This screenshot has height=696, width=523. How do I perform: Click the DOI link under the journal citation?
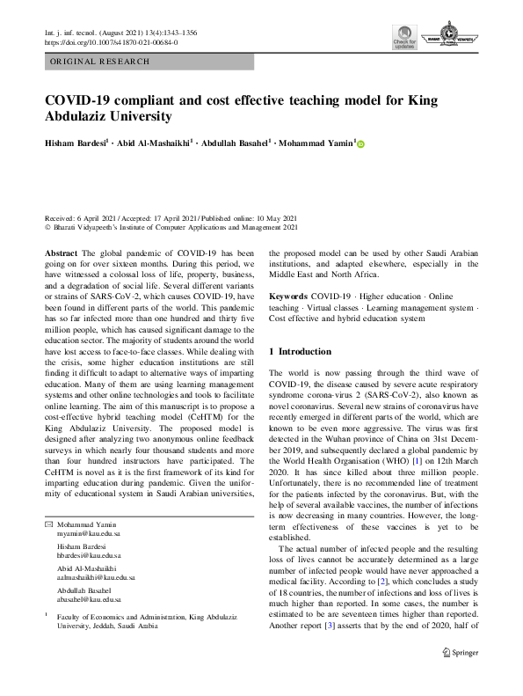111,41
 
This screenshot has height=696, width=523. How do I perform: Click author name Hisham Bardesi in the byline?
82,144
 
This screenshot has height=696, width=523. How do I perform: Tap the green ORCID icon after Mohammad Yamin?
360,144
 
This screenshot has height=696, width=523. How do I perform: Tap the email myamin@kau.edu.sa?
90,509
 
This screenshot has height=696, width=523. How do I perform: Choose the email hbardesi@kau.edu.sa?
90,532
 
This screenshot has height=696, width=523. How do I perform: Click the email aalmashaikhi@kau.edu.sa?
96,553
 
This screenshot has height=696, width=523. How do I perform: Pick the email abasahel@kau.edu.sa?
89,575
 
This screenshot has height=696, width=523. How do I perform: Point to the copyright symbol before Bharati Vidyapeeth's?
47,226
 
